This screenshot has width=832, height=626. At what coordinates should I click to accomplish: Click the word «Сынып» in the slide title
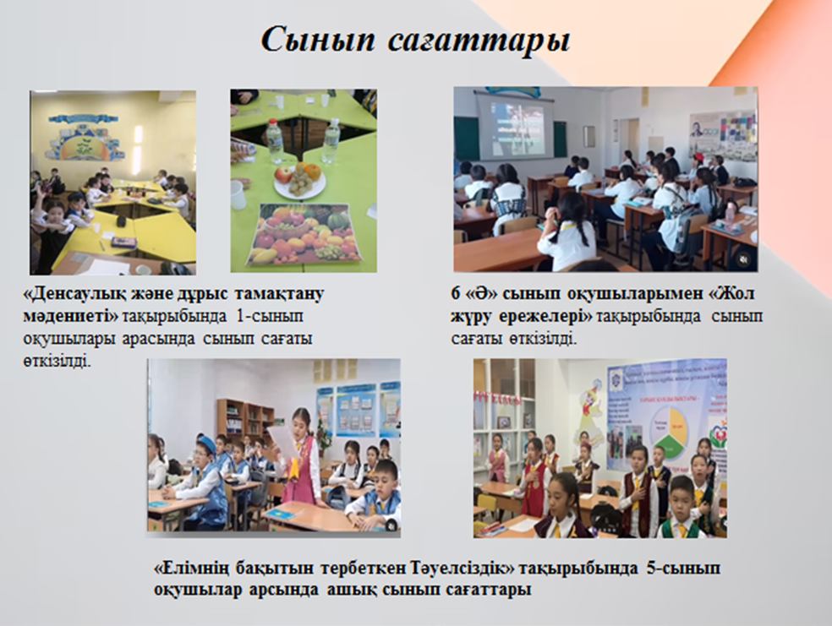tap(317, 41)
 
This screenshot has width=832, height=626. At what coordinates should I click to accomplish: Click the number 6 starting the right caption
tap(456, 293)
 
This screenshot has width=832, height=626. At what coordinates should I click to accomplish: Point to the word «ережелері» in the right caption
tap(545, 317)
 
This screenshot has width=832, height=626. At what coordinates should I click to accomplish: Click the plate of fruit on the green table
tap(300, 180)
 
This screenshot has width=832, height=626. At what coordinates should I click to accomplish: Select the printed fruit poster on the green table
tap(303, 234)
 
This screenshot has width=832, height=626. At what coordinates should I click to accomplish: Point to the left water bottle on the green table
tap(275, 142)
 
